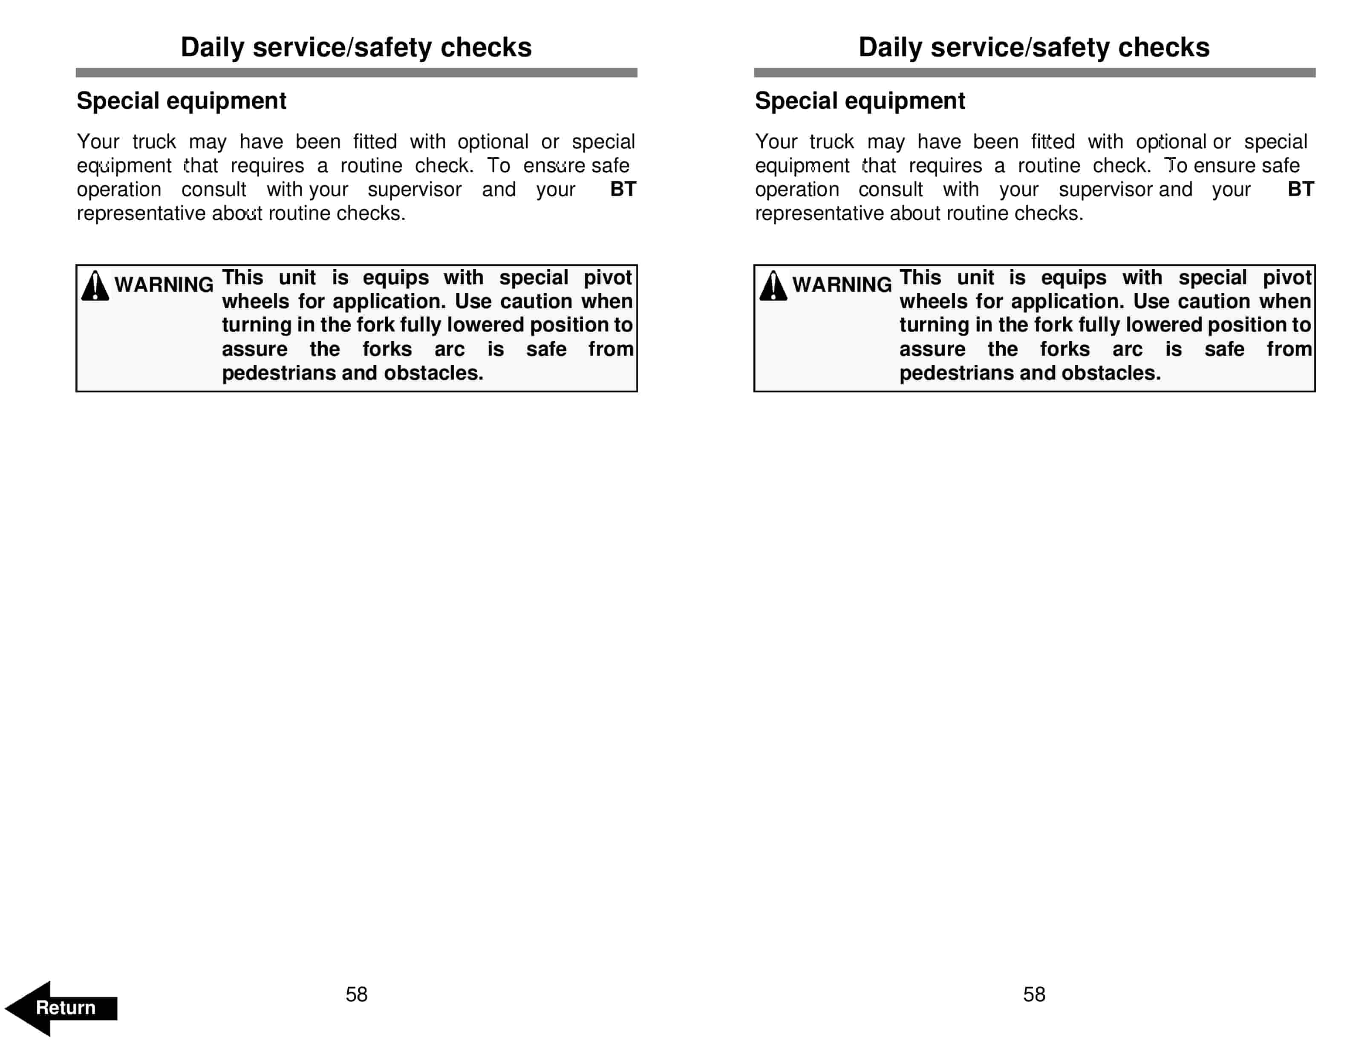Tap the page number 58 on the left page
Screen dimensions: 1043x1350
356,994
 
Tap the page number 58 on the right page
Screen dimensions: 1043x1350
1034,994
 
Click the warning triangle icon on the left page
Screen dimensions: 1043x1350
95,286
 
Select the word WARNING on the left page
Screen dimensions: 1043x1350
164,285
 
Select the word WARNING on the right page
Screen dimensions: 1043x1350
842,285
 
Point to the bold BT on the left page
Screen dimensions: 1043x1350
623,189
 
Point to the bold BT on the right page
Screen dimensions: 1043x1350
1301,189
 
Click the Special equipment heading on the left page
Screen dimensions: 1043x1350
181,101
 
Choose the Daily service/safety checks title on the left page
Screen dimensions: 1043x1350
356,48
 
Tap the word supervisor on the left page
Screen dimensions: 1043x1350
414,190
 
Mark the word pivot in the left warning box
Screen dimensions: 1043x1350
608,277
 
